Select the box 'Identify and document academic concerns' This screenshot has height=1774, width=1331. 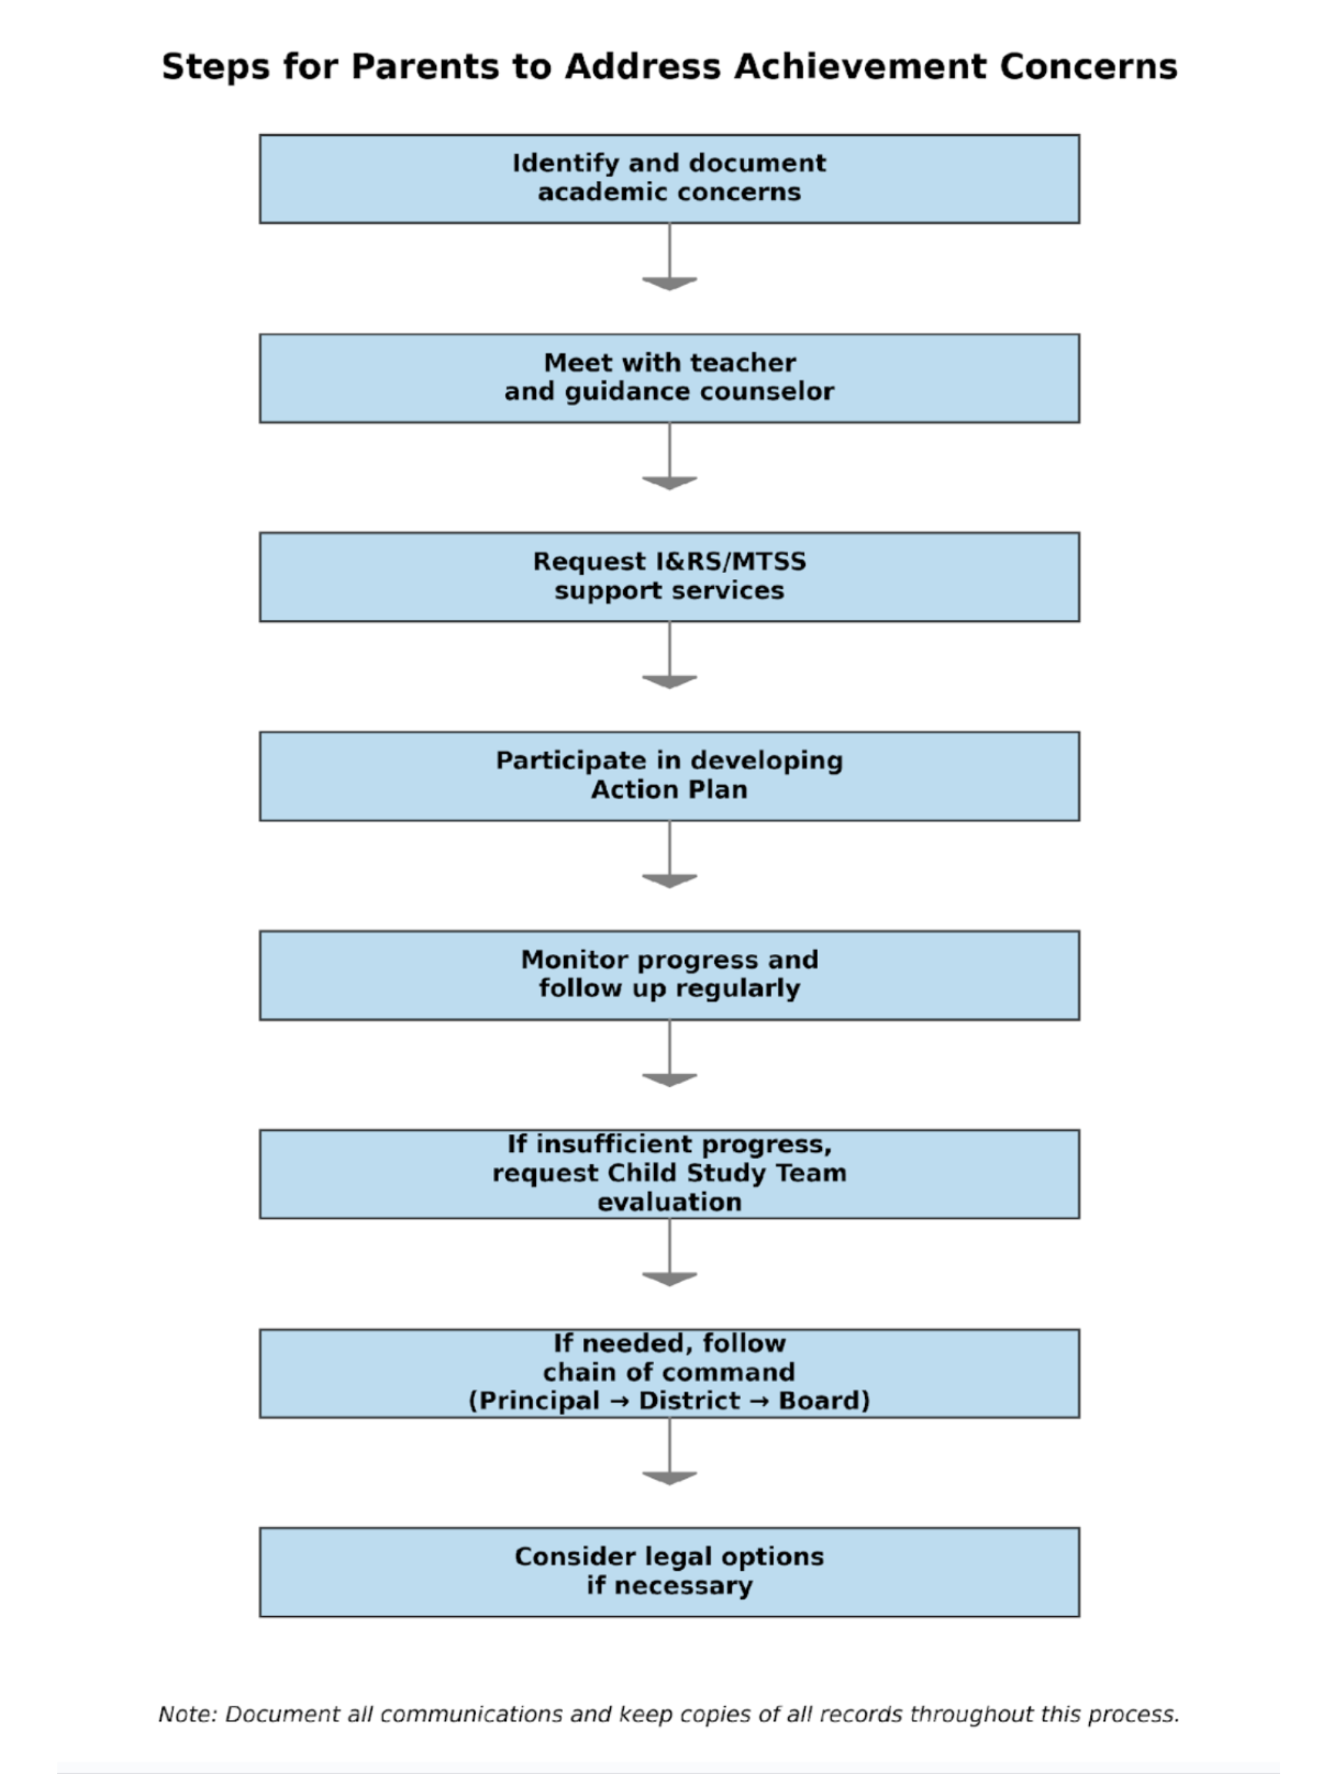click(669, 179)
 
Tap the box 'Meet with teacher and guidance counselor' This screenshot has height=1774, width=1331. click(669, 378)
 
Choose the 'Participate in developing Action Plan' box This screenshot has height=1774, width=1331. click(669, 775)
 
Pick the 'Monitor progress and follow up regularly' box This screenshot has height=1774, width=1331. click(669, 975)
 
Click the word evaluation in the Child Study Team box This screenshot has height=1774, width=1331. click(669, 1201)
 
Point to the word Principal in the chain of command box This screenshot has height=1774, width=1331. click(538, 1401)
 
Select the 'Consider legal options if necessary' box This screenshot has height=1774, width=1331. click(669, 1572)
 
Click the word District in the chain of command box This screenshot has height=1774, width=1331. click(689, 1401)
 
